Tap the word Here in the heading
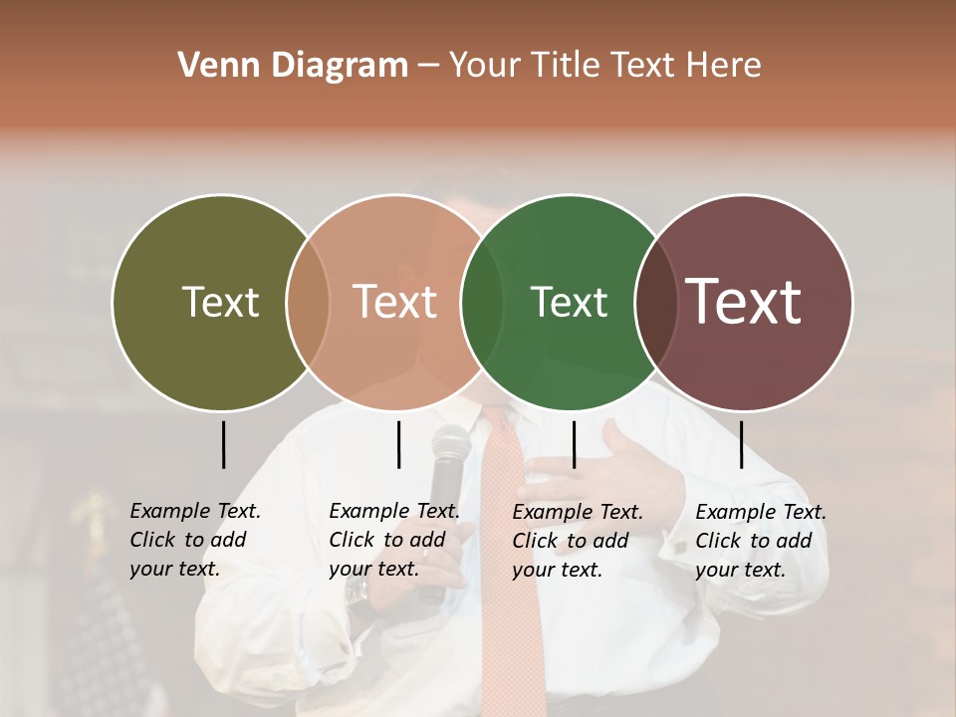tap(723, 66)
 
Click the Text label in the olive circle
tap(220, 302)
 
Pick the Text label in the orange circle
tap(395, 302)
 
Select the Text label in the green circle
tap(569, 302)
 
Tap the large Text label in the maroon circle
tap(744, 302)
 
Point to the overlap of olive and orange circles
tap(308, 302)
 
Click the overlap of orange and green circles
tap(482, 302)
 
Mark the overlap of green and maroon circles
tap(654, 302)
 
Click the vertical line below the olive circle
tap(223, 444)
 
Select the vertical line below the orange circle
tap(398, 444)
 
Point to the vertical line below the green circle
tap(574, 444)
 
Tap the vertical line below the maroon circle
tap(741, 444)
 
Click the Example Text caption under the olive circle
tap(195, 540)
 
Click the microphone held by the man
tap(448, 468)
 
